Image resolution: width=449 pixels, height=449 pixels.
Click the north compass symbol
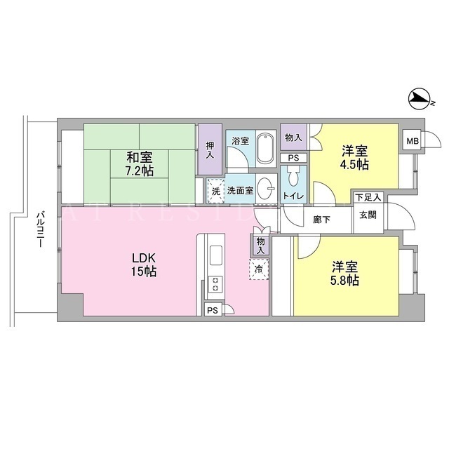(420, 100)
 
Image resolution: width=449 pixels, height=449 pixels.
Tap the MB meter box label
(413, 141)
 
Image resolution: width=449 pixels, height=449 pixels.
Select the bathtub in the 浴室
(265, 149)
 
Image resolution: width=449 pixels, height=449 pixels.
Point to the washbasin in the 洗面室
(266, 189)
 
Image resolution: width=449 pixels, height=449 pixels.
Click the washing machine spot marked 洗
(216, 191)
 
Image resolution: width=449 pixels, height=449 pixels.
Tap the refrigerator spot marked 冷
(259, 269)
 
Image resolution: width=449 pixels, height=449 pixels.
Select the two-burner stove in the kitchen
(215, 283)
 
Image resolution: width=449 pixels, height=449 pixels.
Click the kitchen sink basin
(216, 255)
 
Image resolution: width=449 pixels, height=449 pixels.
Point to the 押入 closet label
(210, 150)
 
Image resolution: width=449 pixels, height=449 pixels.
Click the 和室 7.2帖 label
(140, 163)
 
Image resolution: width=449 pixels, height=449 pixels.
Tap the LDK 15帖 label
(144, 264)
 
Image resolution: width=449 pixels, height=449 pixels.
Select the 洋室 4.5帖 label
(355, 157)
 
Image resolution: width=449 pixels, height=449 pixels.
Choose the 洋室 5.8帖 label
(345, 274)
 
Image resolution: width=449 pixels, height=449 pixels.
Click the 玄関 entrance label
(368, 215)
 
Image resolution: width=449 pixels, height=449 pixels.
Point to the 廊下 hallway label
(321, 220)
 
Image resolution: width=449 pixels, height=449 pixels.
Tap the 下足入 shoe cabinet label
(368, 197)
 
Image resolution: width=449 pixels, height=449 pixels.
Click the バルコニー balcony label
(41, 229)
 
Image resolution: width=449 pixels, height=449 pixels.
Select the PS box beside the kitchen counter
(213, 310)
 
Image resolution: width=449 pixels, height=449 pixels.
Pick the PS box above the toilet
(293, 158)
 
